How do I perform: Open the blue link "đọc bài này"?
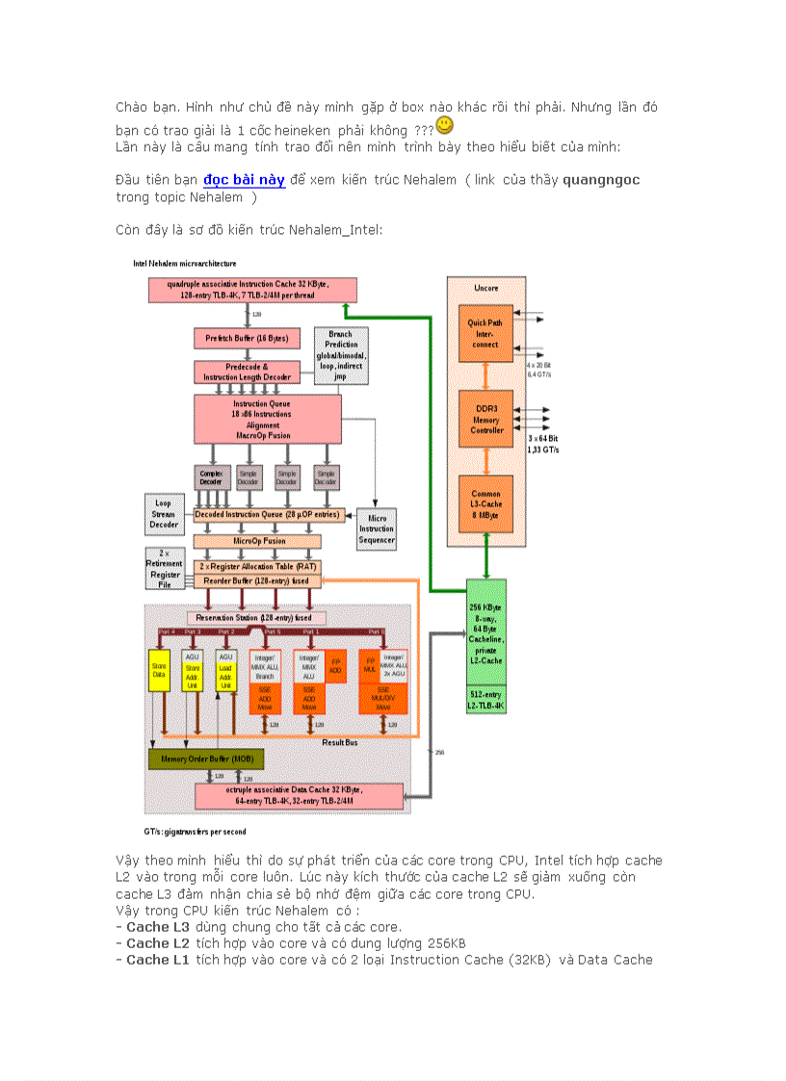(244, 180)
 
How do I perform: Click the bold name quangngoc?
(600, 180)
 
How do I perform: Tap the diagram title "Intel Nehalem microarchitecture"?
(184, 263)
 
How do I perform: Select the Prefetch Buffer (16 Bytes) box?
(246, 339)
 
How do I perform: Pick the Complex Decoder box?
(210, 477)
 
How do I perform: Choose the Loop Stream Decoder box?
(164, 513)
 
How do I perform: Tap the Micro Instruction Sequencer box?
(376, 528)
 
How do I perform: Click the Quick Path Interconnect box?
(485, 333)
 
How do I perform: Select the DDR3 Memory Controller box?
(485, 418)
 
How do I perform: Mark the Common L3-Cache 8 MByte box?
(485, 504)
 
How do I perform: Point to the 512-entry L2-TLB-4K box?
(485, 700)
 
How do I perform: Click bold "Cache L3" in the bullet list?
(158, 927)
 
